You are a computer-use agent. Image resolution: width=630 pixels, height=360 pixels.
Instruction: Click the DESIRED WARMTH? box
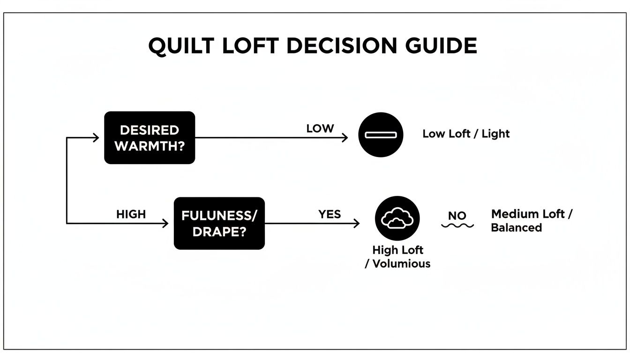coord(150,137)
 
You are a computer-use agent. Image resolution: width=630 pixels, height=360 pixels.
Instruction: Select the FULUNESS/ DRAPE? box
coord(219,223)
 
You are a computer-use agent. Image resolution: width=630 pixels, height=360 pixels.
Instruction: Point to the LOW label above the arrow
coord(320,128)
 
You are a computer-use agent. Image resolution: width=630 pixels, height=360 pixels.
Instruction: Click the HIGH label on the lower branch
coord(131,214)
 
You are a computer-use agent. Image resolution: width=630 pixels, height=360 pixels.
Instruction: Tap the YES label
coord(330,214)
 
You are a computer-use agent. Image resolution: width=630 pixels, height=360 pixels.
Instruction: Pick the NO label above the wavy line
coord(457,216)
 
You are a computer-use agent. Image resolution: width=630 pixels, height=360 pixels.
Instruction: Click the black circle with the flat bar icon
coord(381,135)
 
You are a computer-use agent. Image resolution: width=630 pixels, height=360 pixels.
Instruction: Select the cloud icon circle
coord(397,218)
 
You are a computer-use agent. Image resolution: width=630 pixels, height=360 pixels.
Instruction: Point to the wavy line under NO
coord(457,225)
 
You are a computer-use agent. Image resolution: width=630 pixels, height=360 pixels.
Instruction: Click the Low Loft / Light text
coord(466,134)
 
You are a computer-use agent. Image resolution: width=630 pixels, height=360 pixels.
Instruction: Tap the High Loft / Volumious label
coord(397,257)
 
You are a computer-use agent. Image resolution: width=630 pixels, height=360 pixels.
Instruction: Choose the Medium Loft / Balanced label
coord(532,221)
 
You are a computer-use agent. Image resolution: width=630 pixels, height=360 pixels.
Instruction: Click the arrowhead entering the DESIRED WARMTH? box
coord(96,137)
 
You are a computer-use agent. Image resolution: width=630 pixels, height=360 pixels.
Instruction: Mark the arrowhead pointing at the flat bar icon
coord(345,137)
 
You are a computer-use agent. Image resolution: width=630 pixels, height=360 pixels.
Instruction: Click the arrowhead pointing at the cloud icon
coord(357,223)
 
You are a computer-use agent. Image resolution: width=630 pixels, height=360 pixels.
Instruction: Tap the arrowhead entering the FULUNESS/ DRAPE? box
coord(165,223)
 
